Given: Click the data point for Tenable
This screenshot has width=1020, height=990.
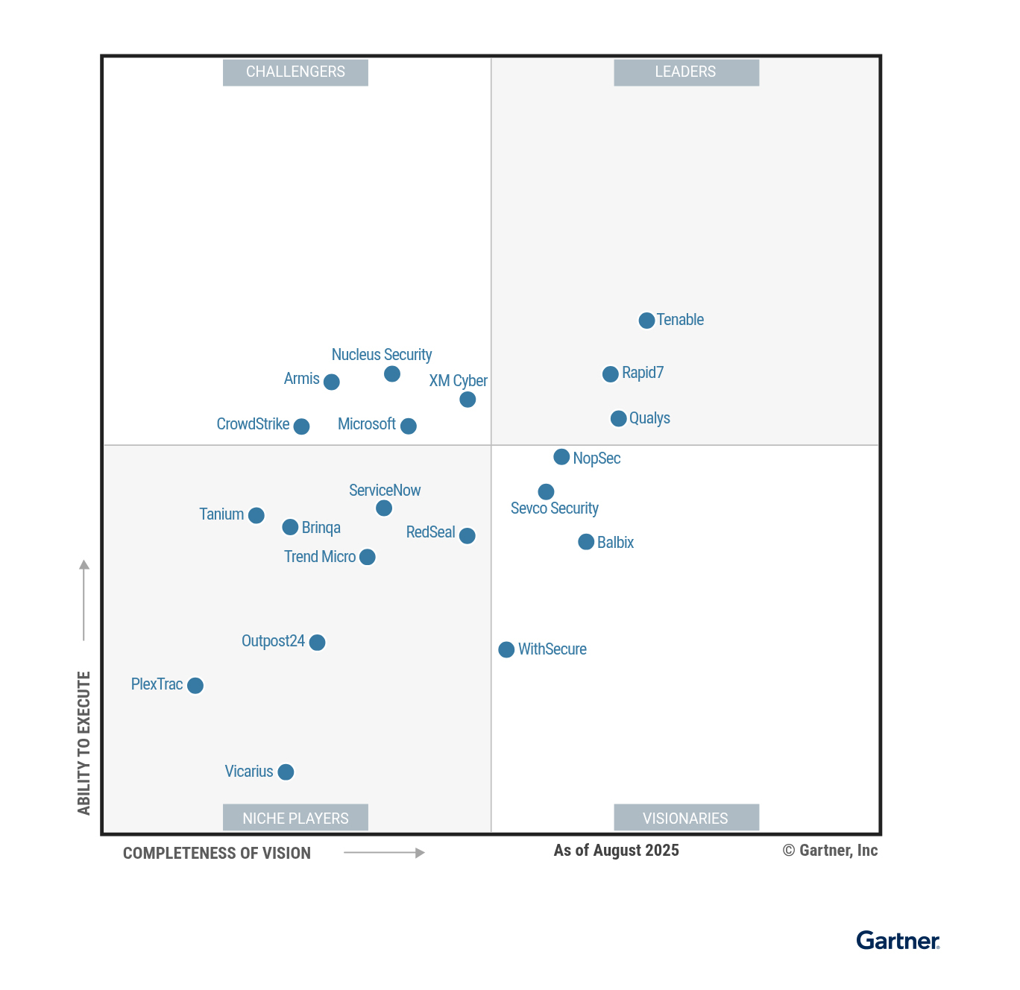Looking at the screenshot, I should pos(646,321).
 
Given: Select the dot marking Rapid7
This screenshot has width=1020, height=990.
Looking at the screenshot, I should pos(610,373).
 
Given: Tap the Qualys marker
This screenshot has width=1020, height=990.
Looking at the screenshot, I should pos(618,418).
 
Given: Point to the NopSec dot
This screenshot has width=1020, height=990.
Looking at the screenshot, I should pos(561,457).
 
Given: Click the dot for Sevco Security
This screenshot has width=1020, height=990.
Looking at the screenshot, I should pos(546,491).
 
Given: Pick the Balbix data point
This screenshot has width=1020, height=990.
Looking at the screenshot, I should pos(586,542).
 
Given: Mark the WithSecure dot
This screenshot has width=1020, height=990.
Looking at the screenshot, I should pos(506,649).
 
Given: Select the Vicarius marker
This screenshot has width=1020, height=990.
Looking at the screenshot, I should pos(286,772).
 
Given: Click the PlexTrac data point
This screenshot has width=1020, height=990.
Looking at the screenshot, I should pos(195,685).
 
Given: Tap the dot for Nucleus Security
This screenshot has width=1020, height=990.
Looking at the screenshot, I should pos(392,373).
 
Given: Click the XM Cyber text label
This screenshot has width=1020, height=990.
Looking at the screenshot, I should pos(458,381).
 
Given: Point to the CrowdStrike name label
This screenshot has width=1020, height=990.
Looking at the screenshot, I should pos(253,424).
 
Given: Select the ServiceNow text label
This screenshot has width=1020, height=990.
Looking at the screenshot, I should pos(385,491).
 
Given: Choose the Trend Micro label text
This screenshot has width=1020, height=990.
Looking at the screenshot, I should pos(320,557).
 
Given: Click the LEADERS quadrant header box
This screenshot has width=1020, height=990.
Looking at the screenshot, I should pos(686,72).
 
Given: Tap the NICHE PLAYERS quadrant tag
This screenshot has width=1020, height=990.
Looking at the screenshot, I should pos(295,818).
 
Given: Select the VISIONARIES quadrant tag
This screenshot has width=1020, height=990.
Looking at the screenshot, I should pos(686,818).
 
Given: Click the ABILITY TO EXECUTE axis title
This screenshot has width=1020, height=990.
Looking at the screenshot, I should pos(84,742).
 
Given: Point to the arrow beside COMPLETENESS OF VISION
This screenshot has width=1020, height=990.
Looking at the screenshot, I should pos(384,853).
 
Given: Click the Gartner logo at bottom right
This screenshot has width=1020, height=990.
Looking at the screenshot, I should pos(898,941).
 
